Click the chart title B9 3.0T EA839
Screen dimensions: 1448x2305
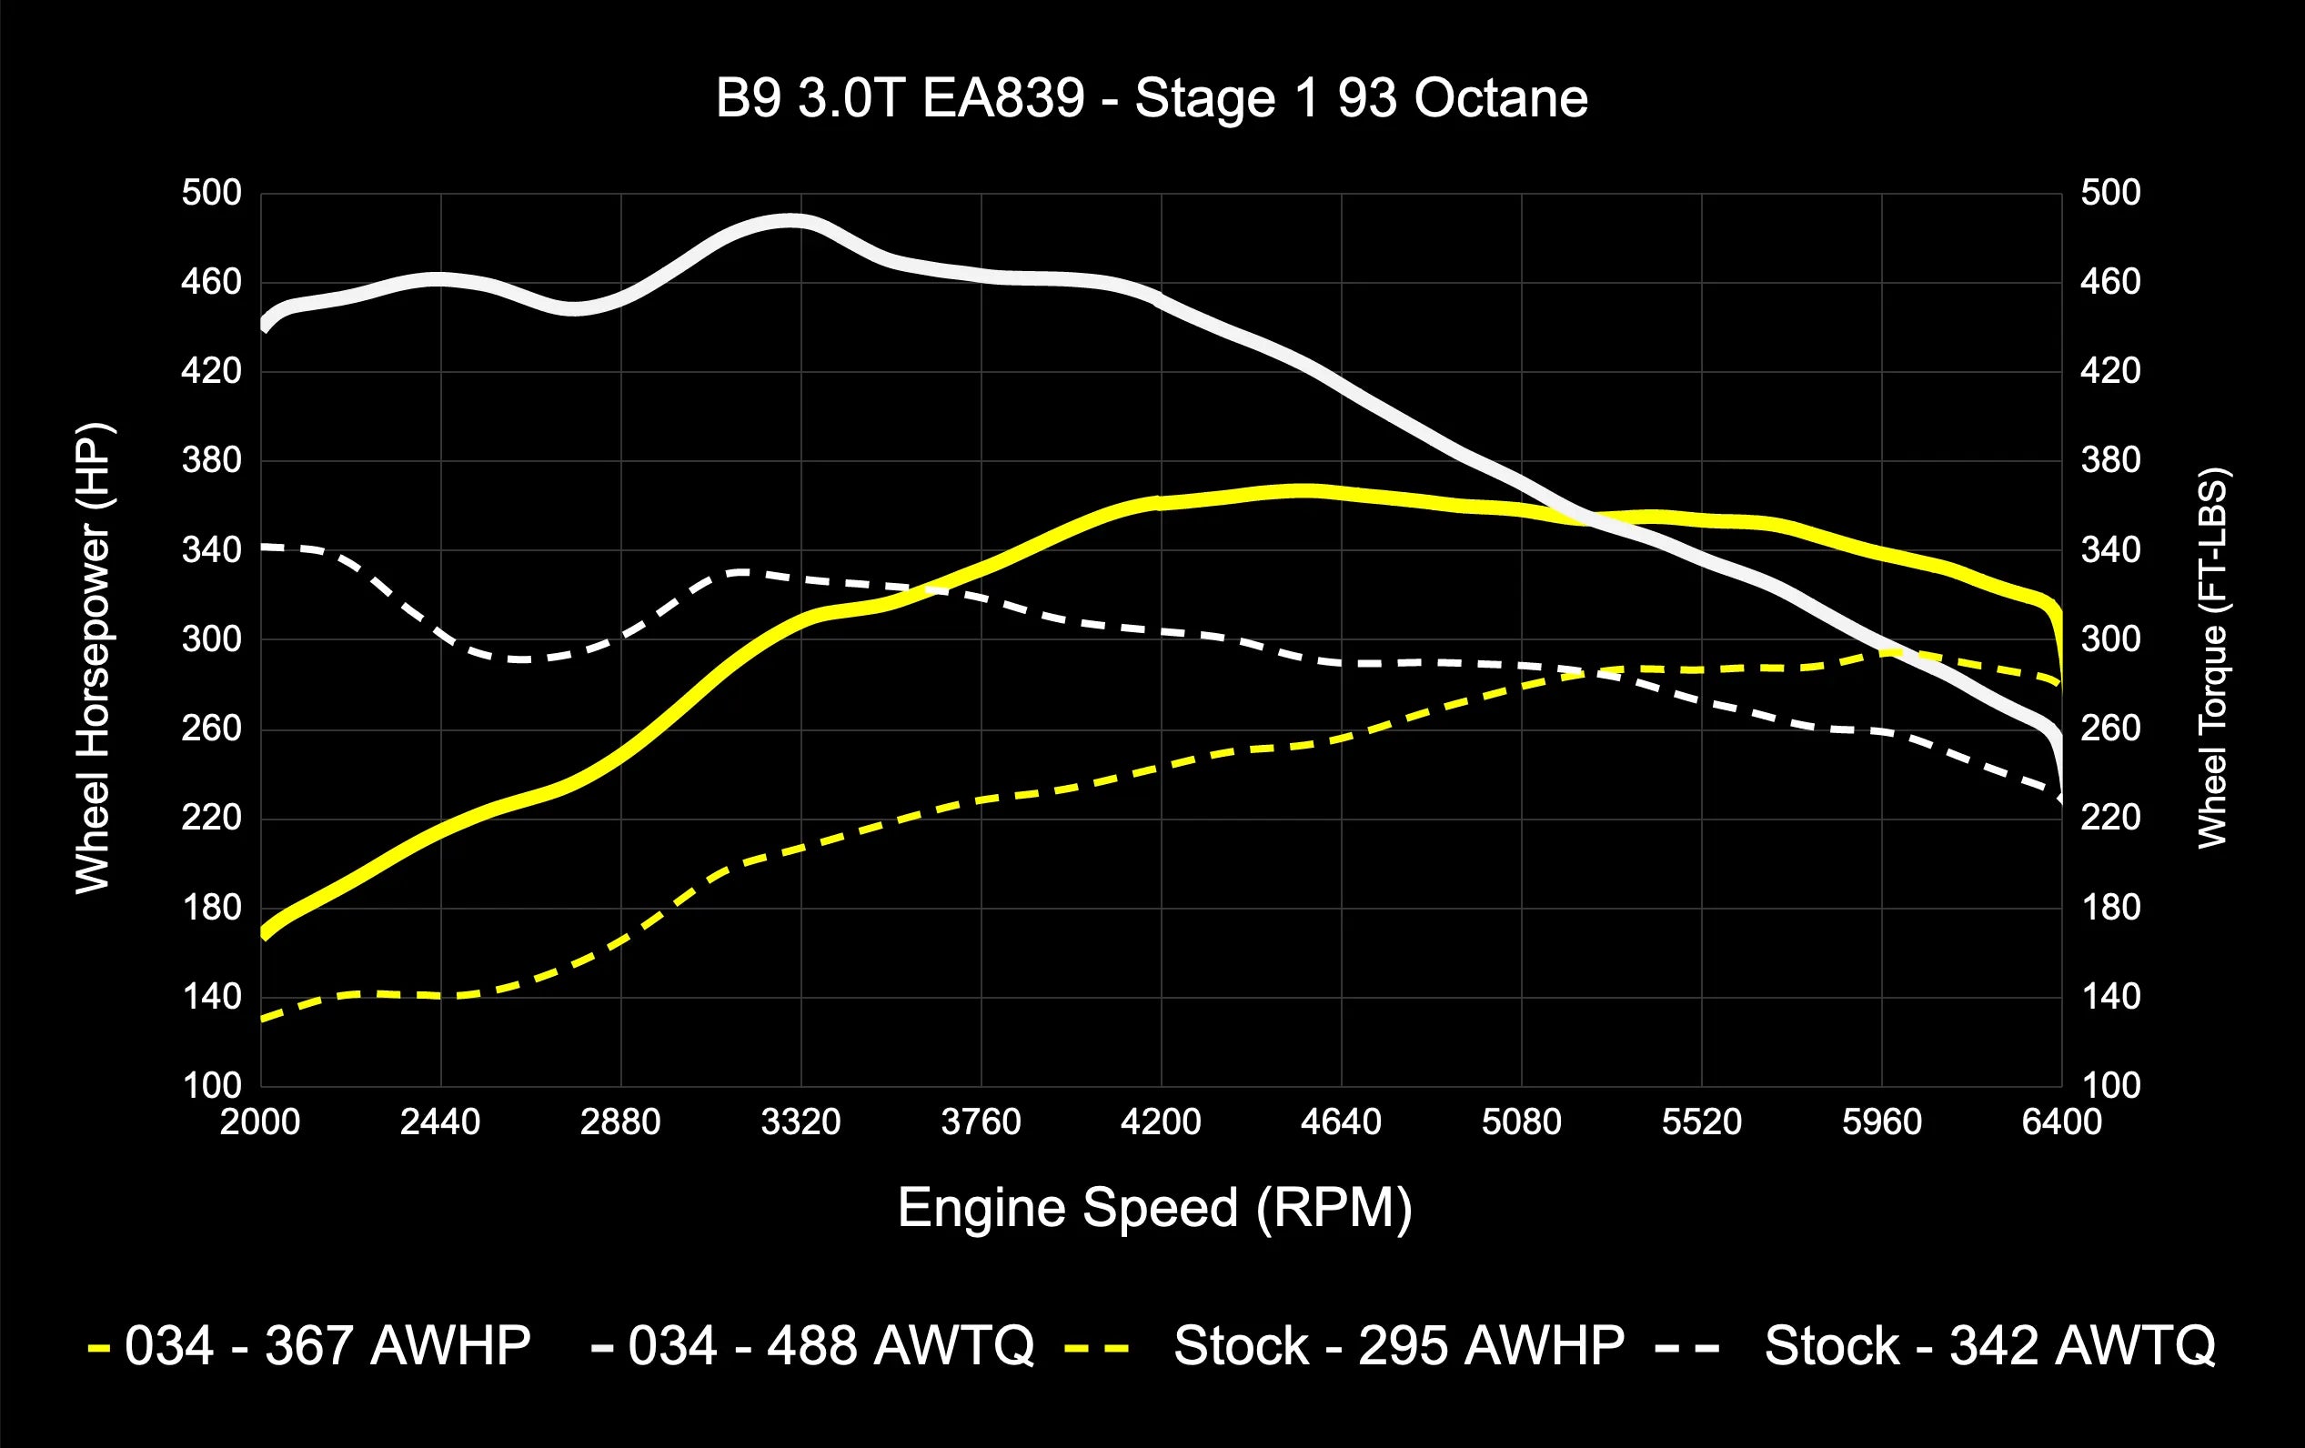pos(1152,98)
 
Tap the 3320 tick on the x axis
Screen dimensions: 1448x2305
pos(800,1121)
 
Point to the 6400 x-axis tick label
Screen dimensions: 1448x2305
pos(2061,1121)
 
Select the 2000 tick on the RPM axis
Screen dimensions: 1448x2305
pos(259,1121)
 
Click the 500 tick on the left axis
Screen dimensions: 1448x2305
pos(212,194)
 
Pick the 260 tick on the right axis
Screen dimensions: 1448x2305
pos(2110,729)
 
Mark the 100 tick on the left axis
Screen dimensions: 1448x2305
pos(212,1085)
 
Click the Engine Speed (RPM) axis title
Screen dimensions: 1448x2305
pos(1154,1208)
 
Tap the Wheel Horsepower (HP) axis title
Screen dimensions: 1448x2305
pos(94,659)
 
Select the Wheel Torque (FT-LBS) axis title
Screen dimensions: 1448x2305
pos(2213,659)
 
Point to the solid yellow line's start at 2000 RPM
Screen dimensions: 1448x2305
pos(264,932)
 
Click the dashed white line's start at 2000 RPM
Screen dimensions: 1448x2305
pos(264,547)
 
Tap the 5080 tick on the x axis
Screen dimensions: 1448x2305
pos(1521,1121)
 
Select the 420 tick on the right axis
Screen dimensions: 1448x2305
pos(2110,370)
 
